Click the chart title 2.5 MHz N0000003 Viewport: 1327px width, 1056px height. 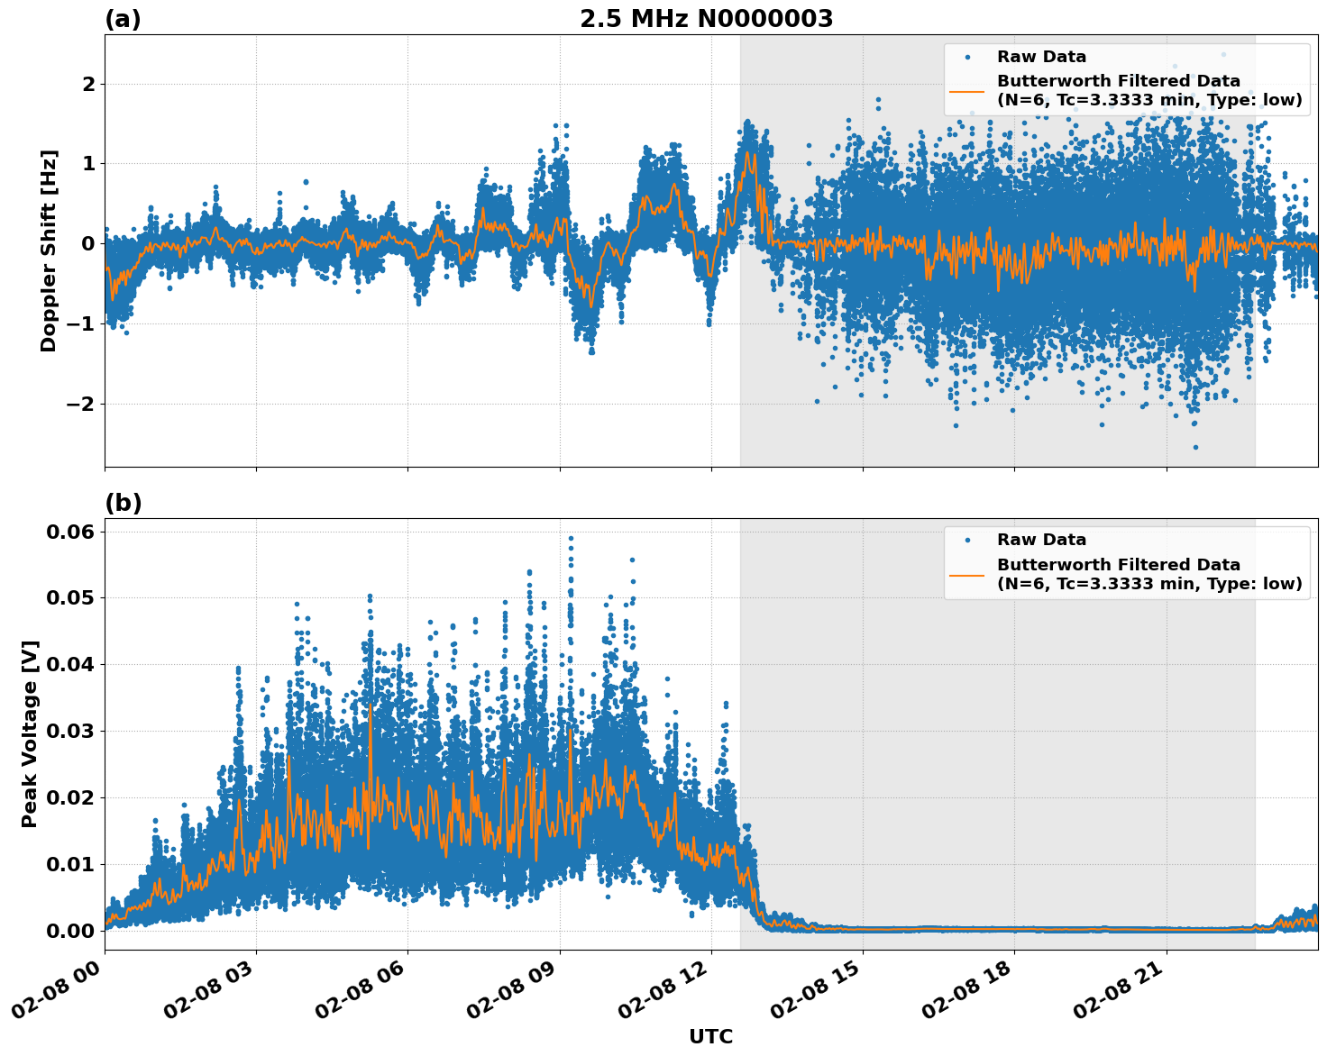pyautogui.click(x=706, y=19)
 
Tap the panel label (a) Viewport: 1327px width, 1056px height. pyautogui.click(x=123, y=19)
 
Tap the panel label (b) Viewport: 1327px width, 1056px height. pyautogui.click(x=123, y=503)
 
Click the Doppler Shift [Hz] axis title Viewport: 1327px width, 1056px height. pyautogui.click(x=49, y=250)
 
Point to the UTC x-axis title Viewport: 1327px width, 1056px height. pyautogui.click(x=710, y=1036)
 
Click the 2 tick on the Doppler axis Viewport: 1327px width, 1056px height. pyautogui.click(x=88, y=84)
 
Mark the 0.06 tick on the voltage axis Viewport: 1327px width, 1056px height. pyautogui.click(x=70, y=532)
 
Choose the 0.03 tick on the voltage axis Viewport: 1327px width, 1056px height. pyautogui.click(x=70, y=731)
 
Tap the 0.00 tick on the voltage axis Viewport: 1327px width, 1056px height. pyautogui.click(x=70, y=931)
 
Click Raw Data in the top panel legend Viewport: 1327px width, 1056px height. pyautogui.click(x=1041, y=57)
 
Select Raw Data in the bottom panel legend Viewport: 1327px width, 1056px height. pyautogui.click(x=1041, y=540)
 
